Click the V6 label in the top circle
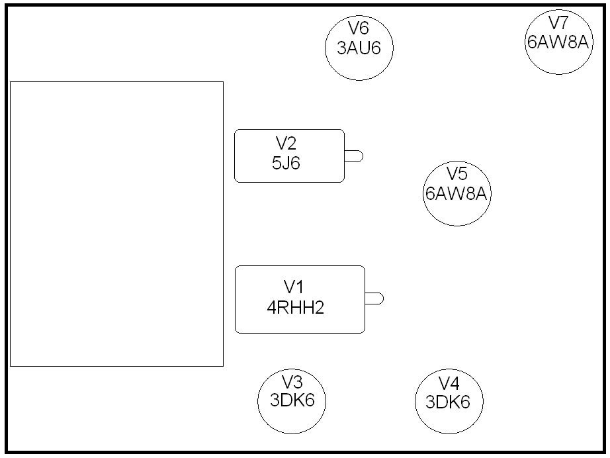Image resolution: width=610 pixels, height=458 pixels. (359, 28)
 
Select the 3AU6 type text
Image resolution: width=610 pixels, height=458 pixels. (359, 48)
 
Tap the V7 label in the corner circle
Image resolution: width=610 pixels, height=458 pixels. (558, 23)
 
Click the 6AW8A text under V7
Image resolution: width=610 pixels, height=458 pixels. (558, 42)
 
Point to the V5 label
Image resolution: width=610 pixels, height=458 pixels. (457, 174)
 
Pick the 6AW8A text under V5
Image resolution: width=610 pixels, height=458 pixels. (457, 194)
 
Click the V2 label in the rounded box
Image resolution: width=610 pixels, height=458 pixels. (286, 143)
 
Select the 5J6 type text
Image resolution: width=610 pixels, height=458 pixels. (286, 163)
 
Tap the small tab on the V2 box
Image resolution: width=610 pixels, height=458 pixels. (354, 156)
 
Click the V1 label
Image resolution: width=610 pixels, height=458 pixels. (294, 287)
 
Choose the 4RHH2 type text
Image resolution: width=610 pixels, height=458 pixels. (295, 308)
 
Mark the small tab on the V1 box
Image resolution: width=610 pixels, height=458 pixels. (374, 298)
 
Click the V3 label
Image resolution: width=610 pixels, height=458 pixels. (292, 382)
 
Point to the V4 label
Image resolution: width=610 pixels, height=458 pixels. (449, 383)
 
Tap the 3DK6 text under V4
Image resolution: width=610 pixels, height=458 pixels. (448, 402)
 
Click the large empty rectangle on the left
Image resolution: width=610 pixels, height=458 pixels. (116, 224)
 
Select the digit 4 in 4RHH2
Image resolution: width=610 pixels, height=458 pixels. (271, 308)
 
